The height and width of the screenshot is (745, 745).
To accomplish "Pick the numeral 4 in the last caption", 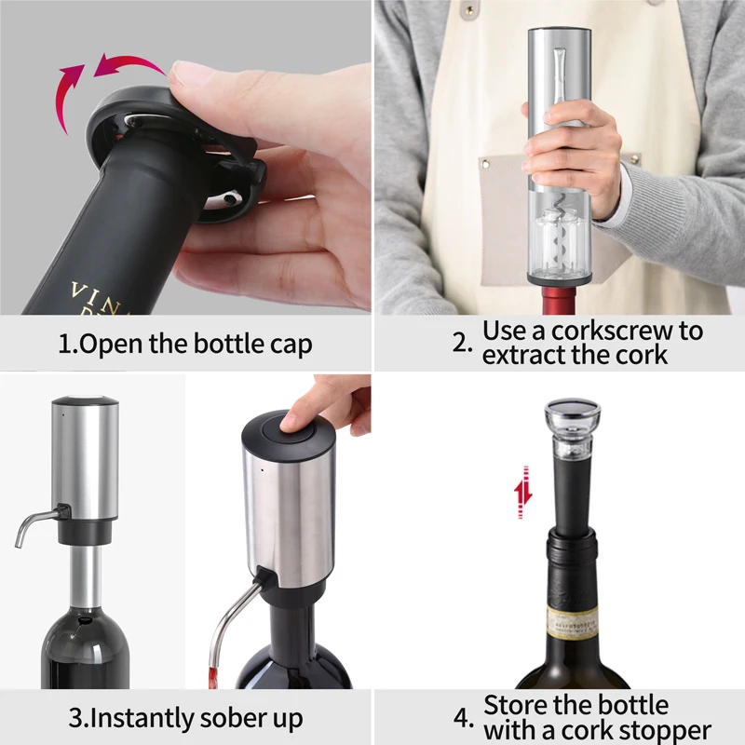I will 462,719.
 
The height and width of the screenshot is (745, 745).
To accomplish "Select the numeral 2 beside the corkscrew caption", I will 463,343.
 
